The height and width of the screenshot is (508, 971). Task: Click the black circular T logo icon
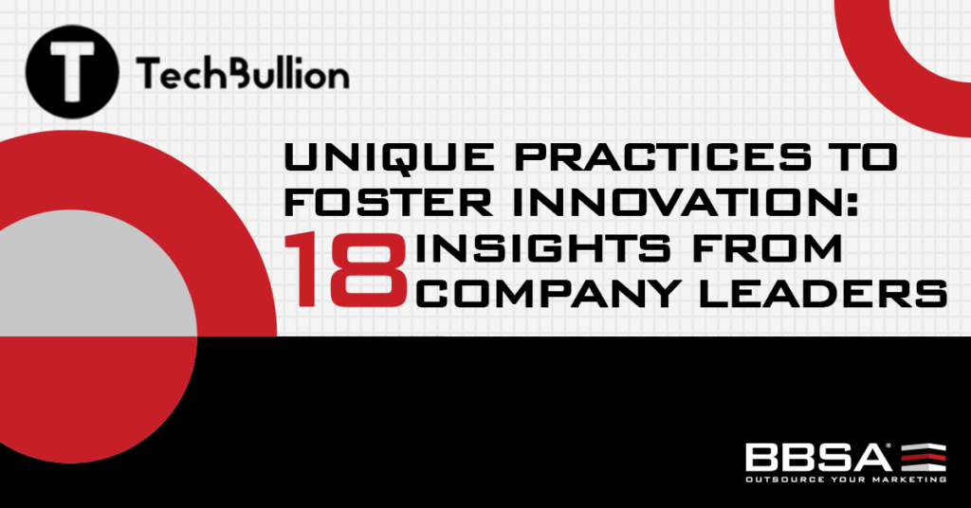(72, 73)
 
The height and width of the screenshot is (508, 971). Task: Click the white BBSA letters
(817, 457)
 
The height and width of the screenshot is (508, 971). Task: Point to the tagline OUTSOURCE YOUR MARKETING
(845, 480)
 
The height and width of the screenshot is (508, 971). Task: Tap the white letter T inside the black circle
(72, 73)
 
